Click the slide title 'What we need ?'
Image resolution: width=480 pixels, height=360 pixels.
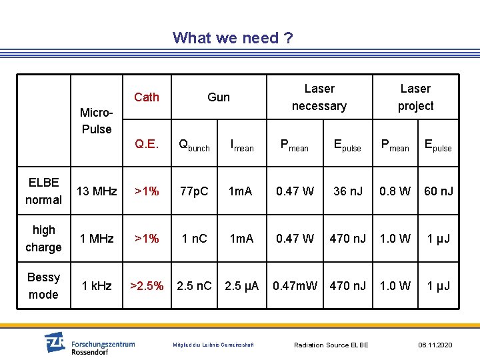pyautogui.click(x=232, y=38)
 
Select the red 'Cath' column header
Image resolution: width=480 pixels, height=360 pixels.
pyautogui.click(x=147, y=97)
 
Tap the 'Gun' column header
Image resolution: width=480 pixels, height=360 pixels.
pyautogui.click(x=219, y=97)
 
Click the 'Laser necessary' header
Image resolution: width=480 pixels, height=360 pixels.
pyautogui.click(x=319, y=97)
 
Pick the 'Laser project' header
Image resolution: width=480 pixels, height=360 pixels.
pyautogui.click(x=415, y=97)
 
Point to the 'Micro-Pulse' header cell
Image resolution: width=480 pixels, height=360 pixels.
pyautogui.click(x=97, y=120)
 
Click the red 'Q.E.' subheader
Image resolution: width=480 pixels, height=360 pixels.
pyautogui.click(x=146, y=144)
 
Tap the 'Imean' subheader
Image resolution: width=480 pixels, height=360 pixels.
pyautogui.click(x=241, y=145)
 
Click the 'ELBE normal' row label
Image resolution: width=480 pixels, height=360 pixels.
pyautogui.click(x=43, y=191)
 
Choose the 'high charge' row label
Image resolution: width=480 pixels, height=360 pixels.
pyautogui.click(x=43, y=238)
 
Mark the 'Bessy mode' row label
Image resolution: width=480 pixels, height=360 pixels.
pyautogui.click(x=43, y=285)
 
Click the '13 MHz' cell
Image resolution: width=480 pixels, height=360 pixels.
pyautogui.click(x=97, y=191)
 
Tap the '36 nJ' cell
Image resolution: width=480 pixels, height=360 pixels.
pyautogui.click(x=348, y=191)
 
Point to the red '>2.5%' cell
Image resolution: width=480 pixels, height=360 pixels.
pyautogui.click(x=147, y=286)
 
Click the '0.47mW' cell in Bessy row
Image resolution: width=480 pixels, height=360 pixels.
pyautogui.click(x=295, y=286)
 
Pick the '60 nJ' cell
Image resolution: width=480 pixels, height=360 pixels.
pyautogui.click(x=439, y=191)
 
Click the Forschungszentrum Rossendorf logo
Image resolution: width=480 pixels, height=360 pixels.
pyautogui.click(x=89, y=344)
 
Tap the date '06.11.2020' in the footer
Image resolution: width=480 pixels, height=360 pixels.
pyautogui.click(x=435, y=345)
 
